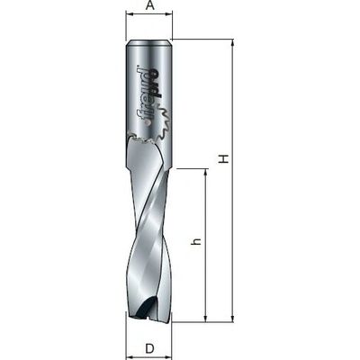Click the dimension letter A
(x=150, y=5)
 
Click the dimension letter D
(x=149, y=348)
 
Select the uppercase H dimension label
(x=224, y=158)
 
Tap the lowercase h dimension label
(x=195, y=242)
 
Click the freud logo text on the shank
(x=147, y=95)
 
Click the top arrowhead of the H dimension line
(x=232, y=43)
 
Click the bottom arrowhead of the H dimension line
(x=232, y=318)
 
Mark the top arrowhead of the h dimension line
(x=206, y=173)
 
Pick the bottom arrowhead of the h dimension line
(x=206, y=318)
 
